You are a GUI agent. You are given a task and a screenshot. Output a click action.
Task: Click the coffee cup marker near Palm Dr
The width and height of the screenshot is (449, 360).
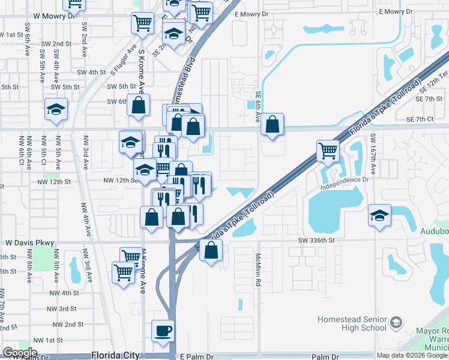coord(163,331)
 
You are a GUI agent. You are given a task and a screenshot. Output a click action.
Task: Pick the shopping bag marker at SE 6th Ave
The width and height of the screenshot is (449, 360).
coord(273,124)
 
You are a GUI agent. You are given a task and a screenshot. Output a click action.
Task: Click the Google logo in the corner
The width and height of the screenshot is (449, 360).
coord(19,353)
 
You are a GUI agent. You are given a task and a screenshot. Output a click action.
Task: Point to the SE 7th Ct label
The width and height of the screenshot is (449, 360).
coord(420,119)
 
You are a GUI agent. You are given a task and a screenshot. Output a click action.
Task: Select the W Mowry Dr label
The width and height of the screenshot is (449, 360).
coord(55,16)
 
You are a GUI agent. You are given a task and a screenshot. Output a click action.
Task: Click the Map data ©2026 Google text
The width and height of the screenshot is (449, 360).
coord(412,355)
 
